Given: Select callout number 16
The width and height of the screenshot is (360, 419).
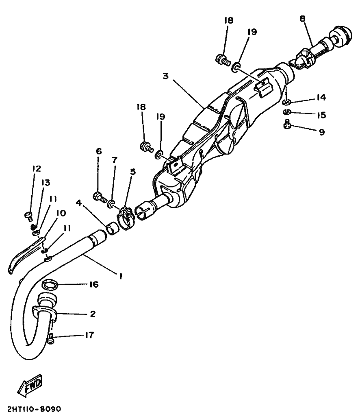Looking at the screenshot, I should click(x=93, y=284).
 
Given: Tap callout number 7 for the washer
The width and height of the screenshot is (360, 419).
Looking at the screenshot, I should click(x=115, y=160).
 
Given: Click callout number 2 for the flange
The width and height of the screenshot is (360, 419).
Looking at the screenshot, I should click(x=92, y=314).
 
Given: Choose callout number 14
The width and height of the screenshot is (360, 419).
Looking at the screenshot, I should click(x=321, y=98).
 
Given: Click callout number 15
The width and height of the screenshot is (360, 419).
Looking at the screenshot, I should click(x=321, y=115).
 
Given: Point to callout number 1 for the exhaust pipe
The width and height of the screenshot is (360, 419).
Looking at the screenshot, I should click(x=120, y=276).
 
